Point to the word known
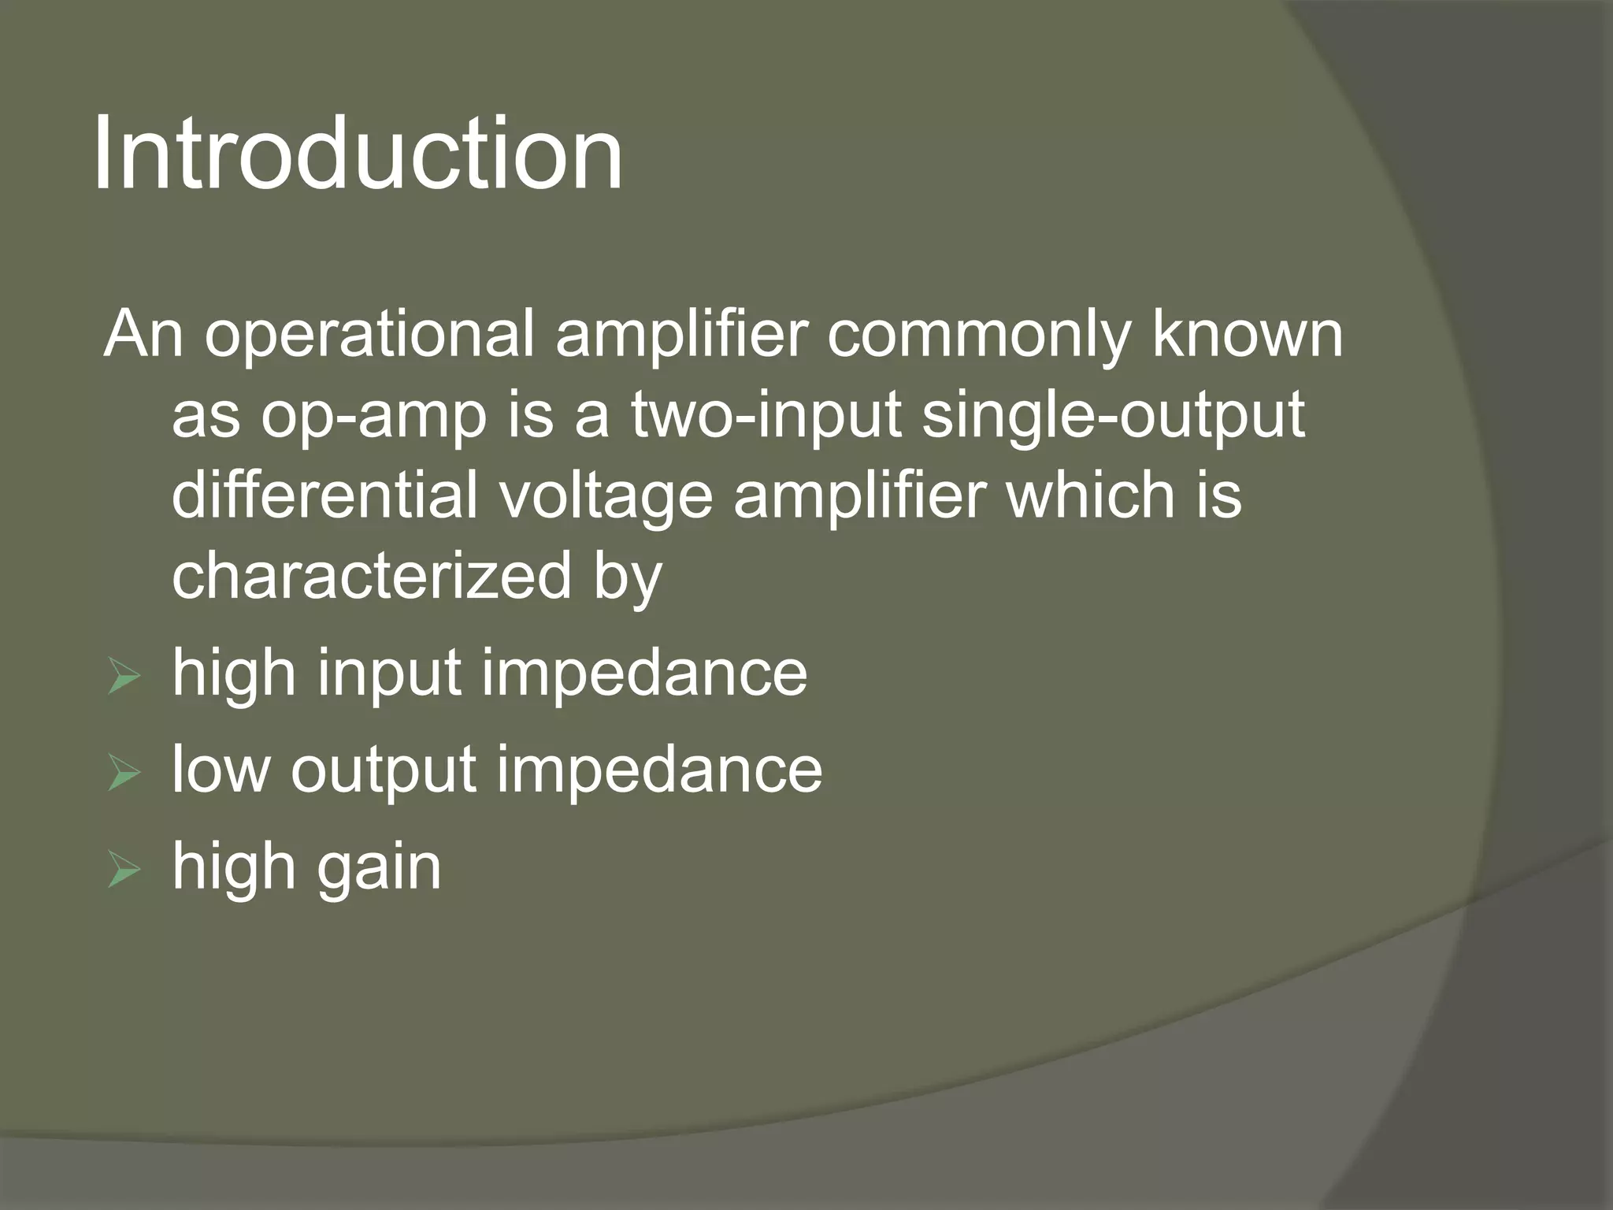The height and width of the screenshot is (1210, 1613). (1248, 334)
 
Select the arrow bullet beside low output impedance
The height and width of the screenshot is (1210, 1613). (124, 774)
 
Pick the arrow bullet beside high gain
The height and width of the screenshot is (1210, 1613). (124, 870)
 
